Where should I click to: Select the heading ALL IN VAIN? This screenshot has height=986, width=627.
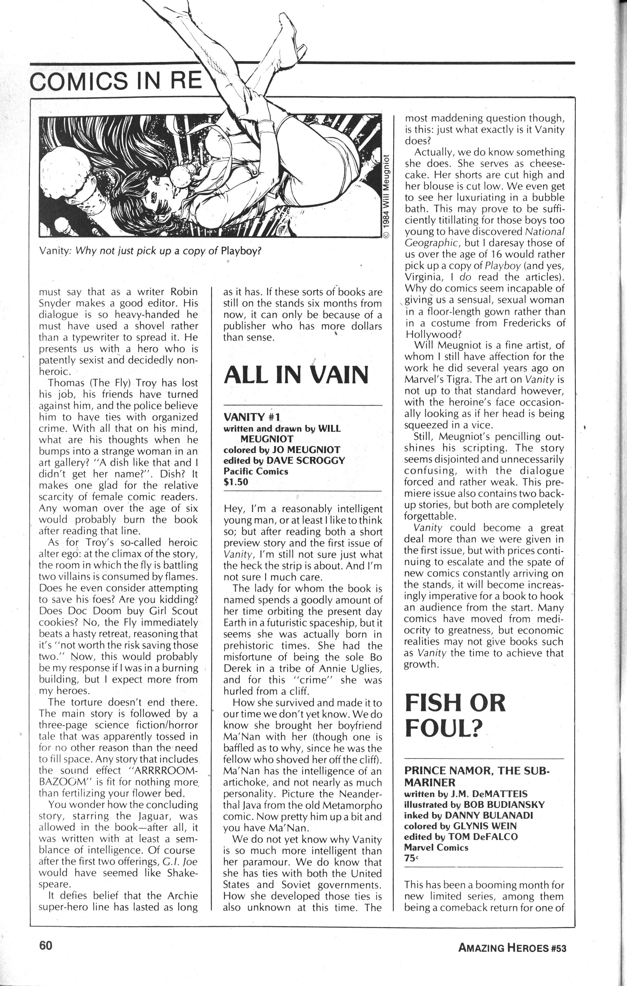tap(296, 375)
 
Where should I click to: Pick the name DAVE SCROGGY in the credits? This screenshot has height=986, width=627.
tap(305, 460)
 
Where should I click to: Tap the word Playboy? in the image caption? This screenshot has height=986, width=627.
tap(241, 251)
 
